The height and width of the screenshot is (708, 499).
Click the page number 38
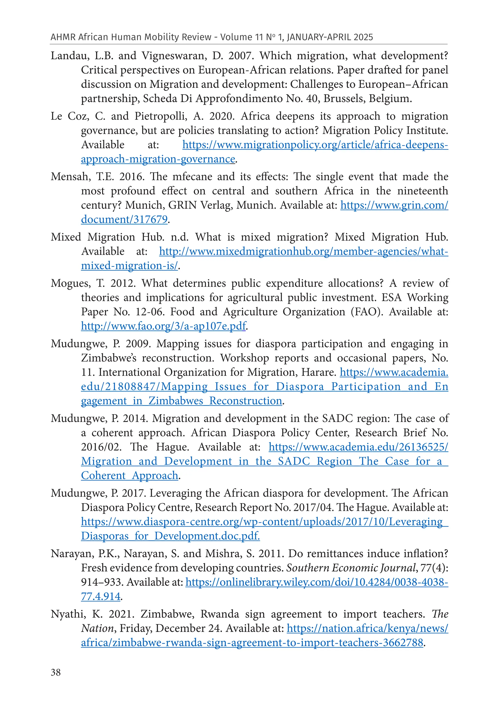click(x=56, y=672)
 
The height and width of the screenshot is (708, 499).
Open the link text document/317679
click(x=124, y=219)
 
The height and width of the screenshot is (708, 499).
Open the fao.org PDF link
click(x=163, y=326)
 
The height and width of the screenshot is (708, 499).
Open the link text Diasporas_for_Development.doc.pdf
click(x=170, y=536)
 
